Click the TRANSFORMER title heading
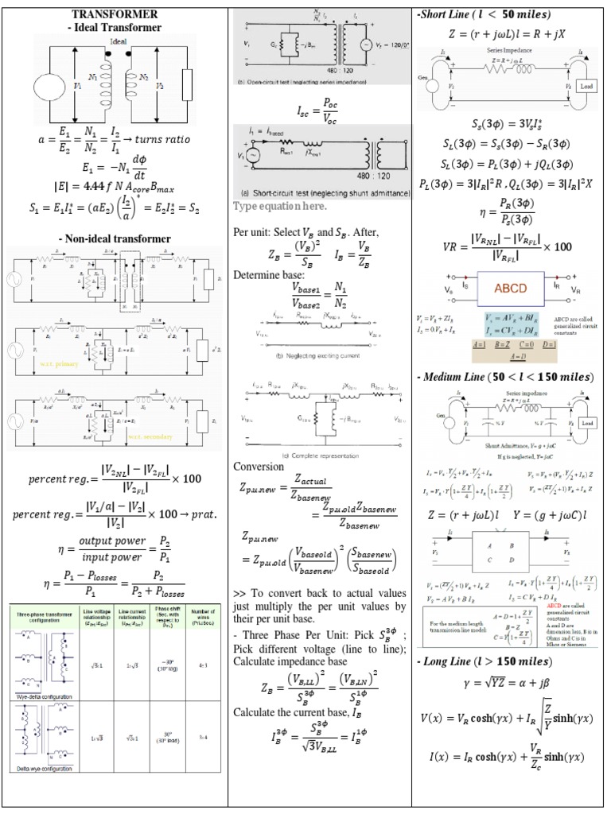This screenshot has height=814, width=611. [x=115, y=14]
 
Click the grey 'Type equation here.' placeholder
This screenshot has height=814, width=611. [x=280, y=207]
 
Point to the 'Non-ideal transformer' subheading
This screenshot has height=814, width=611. [x=115, y=238]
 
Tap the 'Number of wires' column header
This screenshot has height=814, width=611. [x=205, y=621]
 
